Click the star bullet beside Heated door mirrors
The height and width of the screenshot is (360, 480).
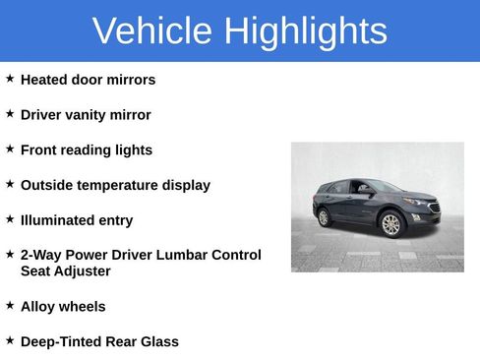coord(10,78)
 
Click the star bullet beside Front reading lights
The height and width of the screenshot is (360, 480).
coord(10,149)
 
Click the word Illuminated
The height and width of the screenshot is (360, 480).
coord(56,220)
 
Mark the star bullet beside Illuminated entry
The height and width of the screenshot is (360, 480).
coord(10,218)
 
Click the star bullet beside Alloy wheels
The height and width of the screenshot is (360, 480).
coord(10,305)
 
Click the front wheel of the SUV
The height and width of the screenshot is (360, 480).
coord(390,224)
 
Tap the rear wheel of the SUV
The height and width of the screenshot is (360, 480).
coord(325,217)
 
